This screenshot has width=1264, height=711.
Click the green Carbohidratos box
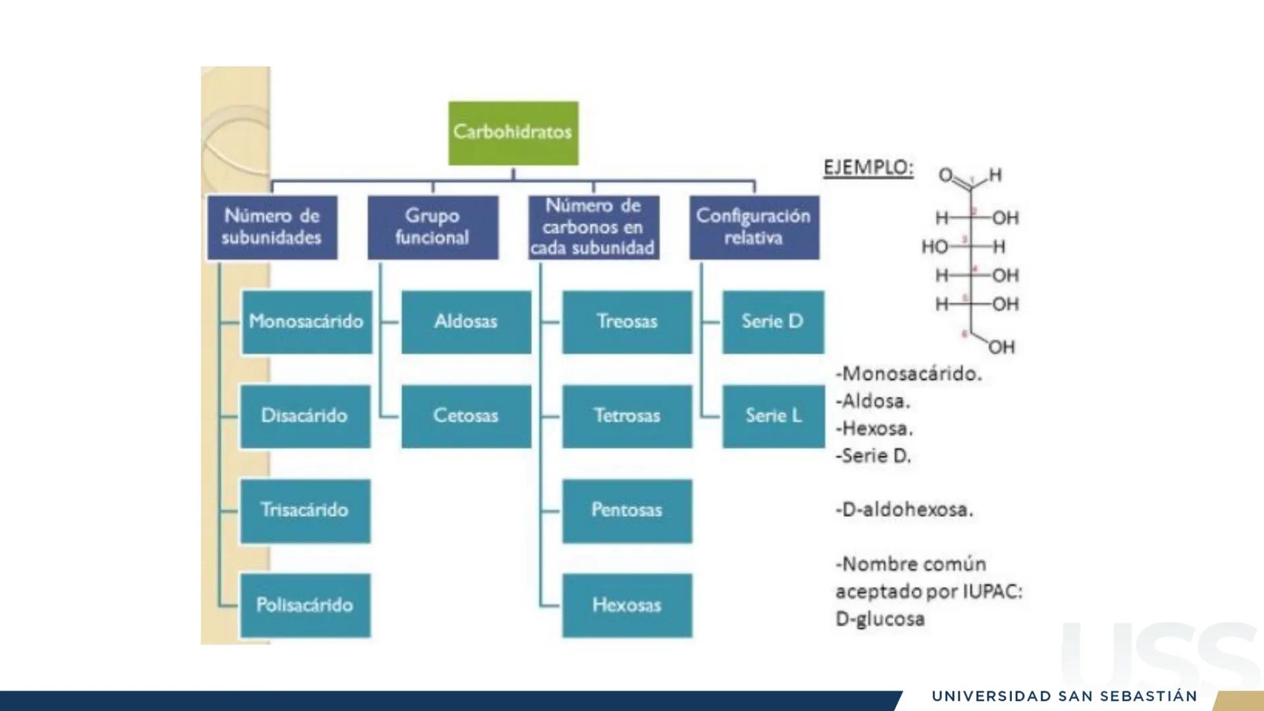click(513, 132)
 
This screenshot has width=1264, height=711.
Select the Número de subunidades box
click(272, 227)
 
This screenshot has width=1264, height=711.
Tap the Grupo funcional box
click(433, 227)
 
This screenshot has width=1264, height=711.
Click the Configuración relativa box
click(754, 227)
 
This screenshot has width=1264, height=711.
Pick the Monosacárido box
click(307, 322)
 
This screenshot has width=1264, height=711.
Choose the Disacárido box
click(305, 416)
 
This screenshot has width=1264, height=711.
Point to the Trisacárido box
click(305, 511)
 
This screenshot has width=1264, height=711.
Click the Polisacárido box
click(305, 605)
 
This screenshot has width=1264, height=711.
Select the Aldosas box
click(466, 322)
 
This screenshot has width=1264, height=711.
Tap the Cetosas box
click(466, 416)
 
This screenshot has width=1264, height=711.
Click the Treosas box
click(627, 322)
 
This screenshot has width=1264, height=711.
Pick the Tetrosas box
click(627, 416)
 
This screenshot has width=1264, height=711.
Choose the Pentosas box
click(627, 511)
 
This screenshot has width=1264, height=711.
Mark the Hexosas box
click(627, 605)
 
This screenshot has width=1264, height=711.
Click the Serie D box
click(773, 322)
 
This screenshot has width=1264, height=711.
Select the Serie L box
click(774, 416)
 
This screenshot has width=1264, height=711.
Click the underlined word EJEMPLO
click(868, 168)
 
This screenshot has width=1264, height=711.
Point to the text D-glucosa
click(880, 619)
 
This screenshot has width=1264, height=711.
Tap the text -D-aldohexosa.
click(904, 510)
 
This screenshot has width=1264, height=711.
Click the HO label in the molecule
click(934, 247)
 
